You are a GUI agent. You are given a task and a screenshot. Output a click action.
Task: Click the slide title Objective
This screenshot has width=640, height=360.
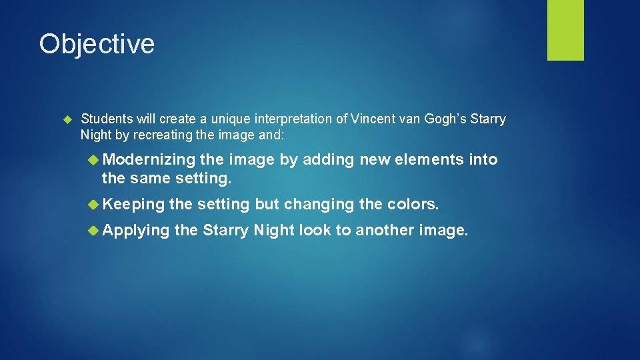pos(97,44)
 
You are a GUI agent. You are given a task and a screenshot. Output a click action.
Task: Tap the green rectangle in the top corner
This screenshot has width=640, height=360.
pos(565,30)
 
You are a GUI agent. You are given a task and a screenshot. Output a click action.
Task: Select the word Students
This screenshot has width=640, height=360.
pos(107,119)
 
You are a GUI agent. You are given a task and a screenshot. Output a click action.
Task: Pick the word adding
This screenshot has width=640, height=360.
pos(329,159)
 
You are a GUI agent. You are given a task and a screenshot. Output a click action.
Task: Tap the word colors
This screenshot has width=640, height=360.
pos(414,204)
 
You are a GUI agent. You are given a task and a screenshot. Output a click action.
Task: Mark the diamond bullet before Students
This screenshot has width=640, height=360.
pos(67,119)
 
